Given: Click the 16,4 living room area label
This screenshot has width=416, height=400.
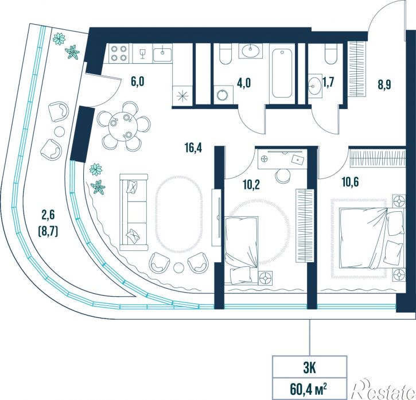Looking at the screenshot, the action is click(193, 148).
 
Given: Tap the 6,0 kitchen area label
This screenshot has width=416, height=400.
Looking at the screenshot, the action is click(138, 81).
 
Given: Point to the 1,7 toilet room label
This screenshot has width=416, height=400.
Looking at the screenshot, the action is click(328, 83).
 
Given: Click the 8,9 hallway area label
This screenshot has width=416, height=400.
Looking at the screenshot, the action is click(384, 85).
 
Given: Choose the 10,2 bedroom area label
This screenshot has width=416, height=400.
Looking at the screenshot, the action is click(251, 184).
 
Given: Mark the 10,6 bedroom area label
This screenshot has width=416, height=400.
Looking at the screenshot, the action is click(350, 182).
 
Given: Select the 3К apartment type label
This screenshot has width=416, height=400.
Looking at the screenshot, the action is click(309, 369).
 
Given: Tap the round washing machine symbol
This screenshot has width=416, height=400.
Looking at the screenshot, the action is click(223, 95).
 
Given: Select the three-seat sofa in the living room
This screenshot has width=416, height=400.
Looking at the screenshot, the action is click(134, 212).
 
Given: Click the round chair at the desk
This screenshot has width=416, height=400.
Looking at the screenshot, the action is click(283, 175).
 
